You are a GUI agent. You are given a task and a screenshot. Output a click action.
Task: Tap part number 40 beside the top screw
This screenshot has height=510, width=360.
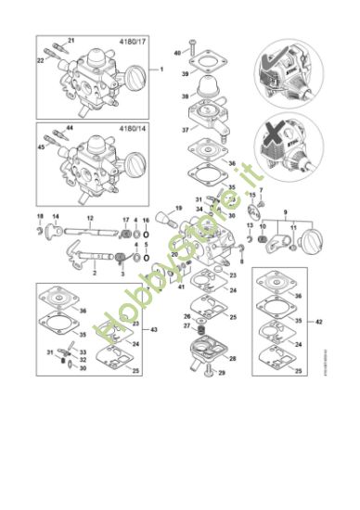(x=178, y=53)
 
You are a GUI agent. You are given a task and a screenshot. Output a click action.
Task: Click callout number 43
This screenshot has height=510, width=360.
(x=154, y=329)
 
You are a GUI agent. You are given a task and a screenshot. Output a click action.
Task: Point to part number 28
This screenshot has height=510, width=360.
(x=232, y=358)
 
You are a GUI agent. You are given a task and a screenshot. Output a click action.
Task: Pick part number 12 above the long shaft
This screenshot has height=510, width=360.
(x=90, y=219)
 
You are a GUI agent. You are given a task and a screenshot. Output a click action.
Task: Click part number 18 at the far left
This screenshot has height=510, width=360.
(x=40, y=217)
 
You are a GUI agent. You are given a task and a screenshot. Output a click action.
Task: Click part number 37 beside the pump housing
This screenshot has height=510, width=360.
(x=184, y=130)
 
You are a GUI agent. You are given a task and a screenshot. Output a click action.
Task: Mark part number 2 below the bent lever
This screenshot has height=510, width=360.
(x=94, y=274)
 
